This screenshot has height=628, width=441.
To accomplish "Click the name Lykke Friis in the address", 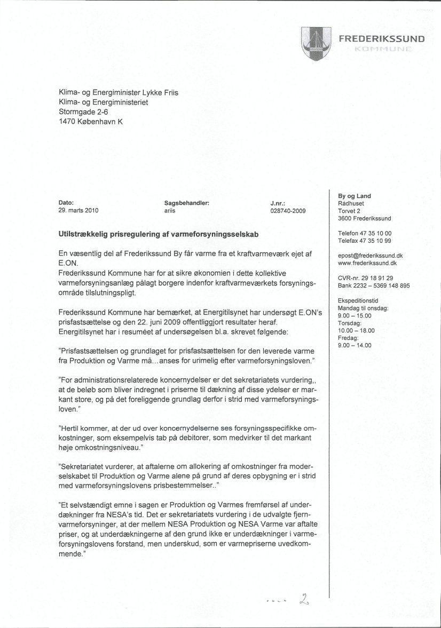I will [x=157, y=92].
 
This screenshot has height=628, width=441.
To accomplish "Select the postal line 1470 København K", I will [x=91, y=122].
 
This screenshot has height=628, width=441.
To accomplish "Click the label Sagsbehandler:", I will [x=186, y=203].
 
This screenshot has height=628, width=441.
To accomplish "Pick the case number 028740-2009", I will [x=288, y=211].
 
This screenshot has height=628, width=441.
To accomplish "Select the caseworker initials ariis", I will [x=170, y=211].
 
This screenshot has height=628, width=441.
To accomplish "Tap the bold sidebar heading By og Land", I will [x=355, y=196].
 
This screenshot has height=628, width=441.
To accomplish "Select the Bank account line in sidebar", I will [x=374, y=285].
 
